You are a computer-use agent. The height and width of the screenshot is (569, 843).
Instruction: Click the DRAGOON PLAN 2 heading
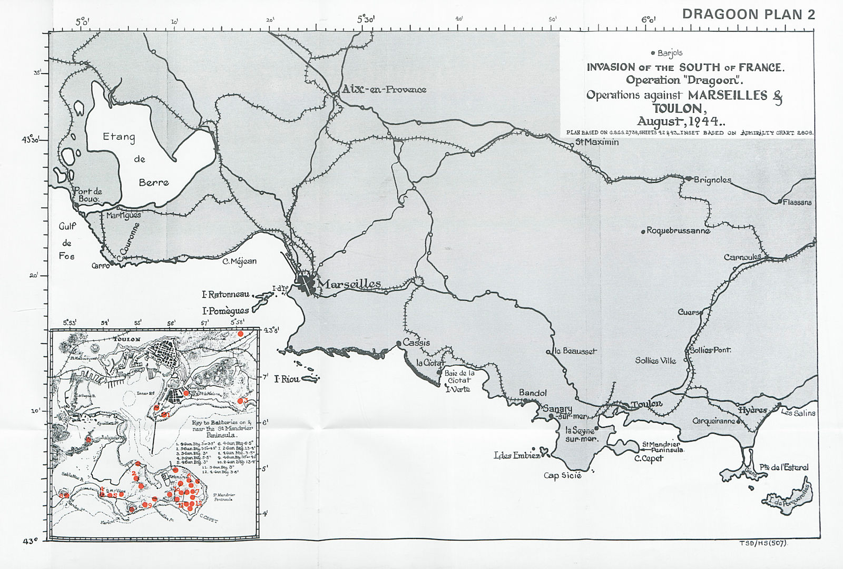tap(748, 14)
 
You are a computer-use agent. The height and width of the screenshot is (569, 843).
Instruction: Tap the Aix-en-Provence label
tap(384, 90)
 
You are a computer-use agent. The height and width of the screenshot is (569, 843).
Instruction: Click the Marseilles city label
tap(350, 284)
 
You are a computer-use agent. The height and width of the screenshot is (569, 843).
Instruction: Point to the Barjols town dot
tap(653, 53)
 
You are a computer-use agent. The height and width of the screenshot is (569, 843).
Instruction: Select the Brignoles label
tap(712, 180)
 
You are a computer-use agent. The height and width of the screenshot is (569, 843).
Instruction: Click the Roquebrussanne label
tap(678, 231)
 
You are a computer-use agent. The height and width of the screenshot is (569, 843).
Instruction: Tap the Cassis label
tap(416, 342)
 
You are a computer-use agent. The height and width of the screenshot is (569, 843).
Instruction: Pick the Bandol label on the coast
tap(533, 393)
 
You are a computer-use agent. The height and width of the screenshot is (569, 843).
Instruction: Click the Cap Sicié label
tap(563, 475)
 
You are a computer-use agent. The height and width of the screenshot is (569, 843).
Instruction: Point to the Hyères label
tap(752, 410)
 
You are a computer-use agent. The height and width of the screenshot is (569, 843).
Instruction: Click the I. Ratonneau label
tap(226, 295)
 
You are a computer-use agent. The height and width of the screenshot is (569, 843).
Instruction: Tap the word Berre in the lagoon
tap(154, 182)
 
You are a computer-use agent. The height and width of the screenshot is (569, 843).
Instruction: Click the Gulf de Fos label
tap(67, 241)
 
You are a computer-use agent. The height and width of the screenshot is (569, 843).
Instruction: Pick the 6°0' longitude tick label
tap(649, 20)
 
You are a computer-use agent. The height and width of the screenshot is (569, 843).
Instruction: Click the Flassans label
tap(797, 202)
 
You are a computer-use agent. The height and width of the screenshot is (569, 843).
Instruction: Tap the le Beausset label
tap(576, 351)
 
